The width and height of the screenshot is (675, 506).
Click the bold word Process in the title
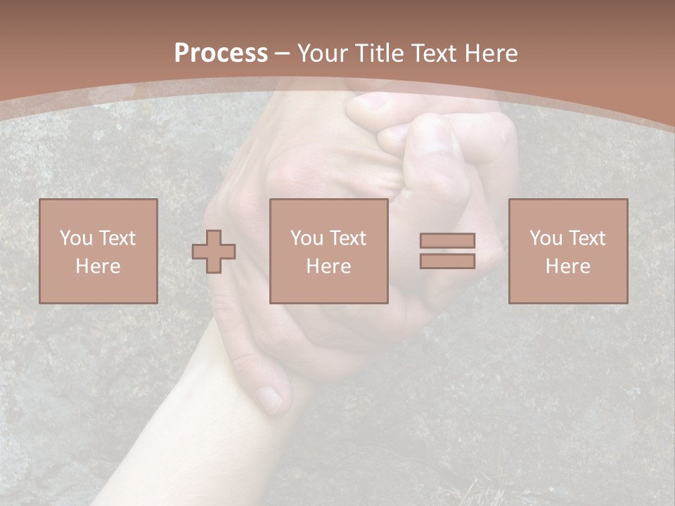tap(221, 53)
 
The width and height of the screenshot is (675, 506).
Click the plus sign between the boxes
tap(214, 252)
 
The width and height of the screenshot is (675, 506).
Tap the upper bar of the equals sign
tap(447, 240)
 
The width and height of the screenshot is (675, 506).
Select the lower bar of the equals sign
tap(447, 261)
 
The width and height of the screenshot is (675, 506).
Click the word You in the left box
tap(76, 238)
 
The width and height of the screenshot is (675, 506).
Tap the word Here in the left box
tap(98, 266)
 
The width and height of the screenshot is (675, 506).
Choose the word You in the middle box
tap(307, 238)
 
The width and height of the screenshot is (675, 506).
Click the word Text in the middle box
tap(347, 238)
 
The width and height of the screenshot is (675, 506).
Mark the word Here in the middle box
tap(328, 266)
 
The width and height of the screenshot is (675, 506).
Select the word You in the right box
tap(546, 238)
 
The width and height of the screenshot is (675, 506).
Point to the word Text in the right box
tap(586, 238)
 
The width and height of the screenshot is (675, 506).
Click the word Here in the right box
tap(567, 266)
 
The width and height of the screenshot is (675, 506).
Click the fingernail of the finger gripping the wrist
tap(270, 399)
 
